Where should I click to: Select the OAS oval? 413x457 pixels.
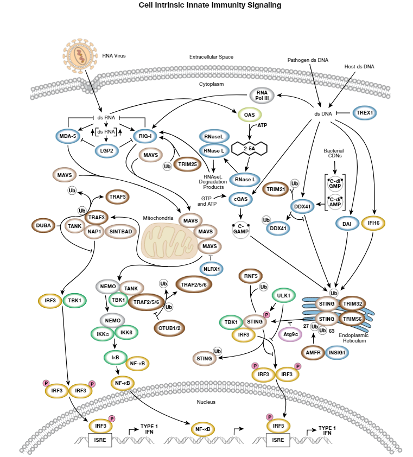coord(250,115)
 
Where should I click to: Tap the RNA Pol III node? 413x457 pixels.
coord(262,96)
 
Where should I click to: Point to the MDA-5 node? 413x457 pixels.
coord(68,135)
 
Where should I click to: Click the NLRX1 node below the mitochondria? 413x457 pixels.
coord(211,268)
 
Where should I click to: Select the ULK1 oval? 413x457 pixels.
coord(283,296)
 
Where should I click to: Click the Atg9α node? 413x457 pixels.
coord(290,335)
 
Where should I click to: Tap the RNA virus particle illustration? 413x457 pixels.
coord(80,55)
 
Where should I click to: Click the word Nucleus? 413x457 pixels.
coord(206,402)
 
